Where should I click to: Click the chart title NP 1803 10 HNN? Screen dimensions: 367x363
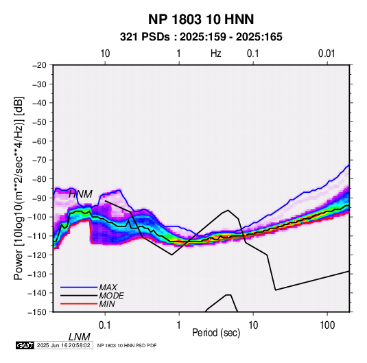point(201,19)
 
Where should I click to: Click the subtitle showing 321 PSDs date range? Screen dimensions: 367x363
point(201,37)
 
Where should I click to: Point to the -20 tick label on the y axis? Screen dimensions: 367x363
point(39,65)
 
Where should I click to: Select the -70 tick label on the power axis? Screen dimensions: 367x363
point(39,160)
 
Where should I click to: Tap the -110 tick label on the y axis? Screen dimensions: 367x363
point(38,236)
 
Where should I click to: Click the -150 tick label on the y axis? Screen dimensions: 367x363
point(38,312)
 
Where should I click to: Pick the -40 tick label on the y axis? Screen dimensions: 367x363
point(39,103)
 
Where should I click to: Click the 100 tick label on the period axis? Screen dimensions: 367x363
point(327,325)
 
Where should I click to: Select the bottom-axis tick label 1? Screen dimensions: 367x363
point(179,325)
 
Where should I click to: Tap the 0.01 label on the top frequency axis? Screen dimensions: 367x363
point(327,54)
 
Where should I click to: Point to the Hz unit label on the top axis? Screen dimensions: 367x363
point(216,54)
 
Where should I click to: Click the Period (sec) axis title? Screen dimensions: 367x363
point(216,333)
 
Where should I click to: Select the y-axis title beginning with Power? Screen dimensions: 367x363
point(19,189)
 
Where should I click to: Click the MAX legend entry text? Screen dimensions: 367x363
point(108,288)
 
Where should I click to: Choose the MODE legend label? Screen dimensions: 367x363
point(111,296)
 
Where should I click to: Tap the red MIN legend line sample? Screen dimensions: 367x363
point(79,304)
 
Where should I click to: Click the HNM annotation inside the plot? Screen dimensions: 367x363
point(80,194)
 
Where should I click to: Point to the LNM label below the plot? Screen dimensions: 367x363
point(80,337)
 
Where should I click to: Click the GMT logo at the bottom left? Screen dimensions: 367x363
point(25,345)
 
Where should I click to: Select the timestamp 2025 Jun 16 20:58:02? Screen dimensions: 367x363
point(64,345)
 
